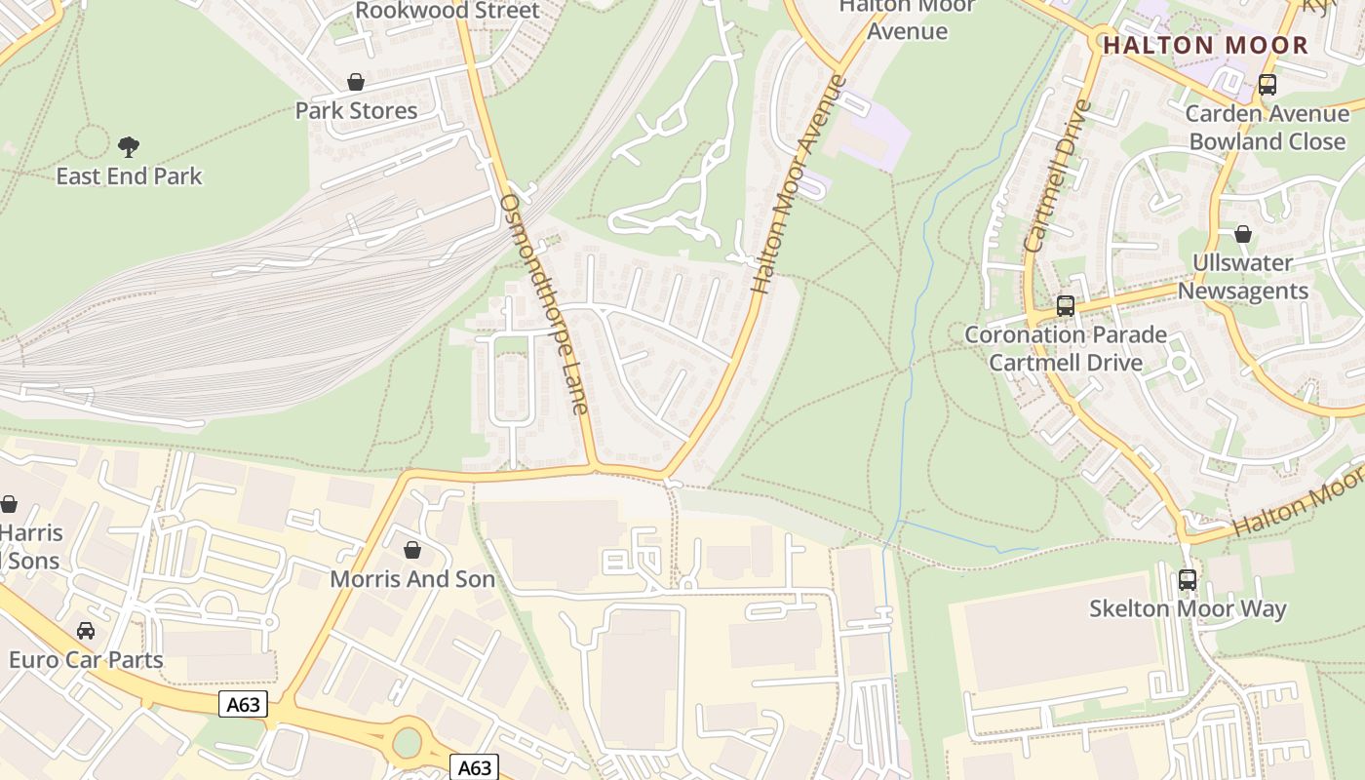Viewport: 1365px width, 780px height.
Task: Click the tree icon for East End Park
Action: coord(128,147)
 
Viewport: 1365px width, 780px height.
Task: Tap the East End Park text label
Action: coord(129,176)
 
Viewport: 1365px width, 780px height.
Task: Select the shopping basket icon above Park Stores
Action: coord(356,82)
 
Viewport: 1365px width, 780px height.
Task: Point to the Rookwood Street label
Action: coord(448,11)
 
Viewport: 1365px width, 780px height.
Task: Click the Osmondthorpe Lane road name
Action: coord(544,302)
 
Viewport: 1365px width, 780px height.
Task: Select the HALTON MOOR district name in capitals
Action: coord(1205,45)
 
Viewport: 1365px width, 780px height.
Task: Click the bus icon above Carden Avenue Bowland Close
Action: coord(1267,85)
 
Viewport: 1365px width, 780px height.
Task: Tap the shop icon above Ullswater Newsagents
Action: coord(1242,234)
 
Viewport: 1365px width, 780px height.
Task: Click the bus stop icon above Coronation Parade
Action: coord(1065,306)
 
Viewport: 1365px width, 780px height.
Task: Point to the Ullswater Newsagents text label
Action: coord(1243,277)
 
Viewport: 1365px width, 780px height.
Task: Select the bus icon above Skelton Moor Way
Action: coord(1187,580)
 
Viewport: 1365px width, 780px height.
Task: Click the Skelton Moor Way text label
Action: coord(1188,609)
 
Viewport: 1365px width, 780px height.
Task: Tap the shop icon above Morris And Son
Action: coord(412,550)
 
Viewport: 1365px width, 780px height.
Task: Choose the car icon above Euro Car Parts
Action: coord(86,631)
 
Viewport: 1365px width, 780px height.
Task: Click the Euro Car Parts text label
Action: coord(86,660)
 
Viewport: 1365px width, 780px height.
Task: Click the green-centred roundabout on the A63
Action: coord(407,743)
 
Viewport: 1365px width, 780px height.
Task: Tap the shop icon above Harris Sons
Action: coord(9,504)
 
